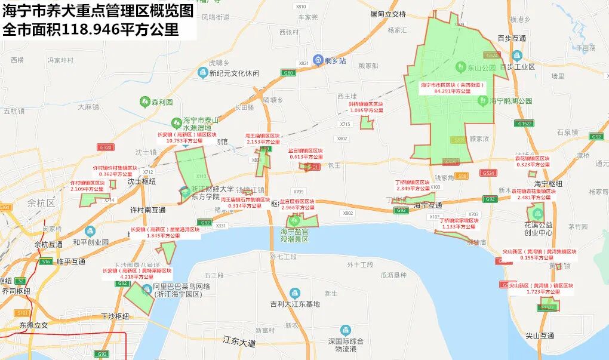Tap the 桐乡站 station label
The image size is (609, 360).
pos(336,60)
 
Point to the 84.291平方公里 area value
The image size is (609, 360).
pos(453,91)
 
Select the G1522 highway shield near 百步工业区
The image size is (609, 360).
pos(525,123)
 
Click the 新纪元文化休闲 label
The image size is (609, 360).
pos(234,73)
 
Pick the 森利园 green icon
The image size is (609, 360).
pos(144,102)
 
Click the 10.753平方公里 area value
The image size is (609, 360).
pos(183,141)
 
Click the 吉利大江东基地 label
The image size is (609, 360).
pos(295,304)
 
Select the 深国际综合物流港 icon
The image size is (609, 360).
pos(345,330)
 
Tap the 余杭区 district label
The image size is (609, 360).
pos(41,203)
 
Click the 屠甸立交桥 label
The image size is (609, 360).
pos(388,14)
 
